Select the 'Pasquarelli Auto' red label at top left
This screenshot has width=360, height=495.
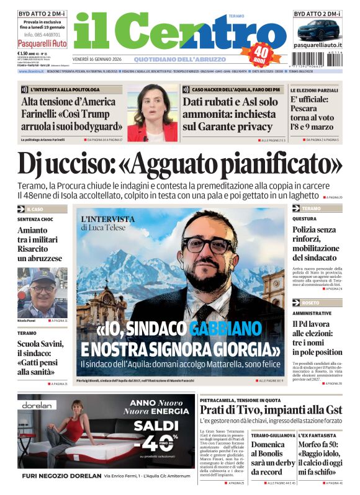(x=42, y=44)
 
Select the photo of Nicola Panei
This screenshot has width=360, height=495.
(x=42, y=291)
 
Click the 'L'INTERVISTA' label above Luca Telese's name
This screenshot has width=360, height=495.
(x=107, y=219)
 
